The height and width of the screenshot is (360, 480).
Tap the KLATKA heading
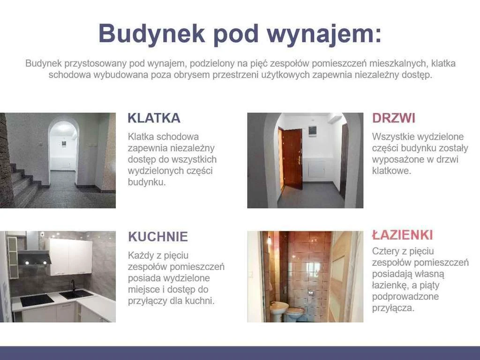[154, 118]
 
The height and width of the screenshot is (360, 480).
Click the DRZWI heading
[394, 118]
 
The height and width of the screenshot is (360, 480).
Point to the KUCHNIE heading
[158, 237]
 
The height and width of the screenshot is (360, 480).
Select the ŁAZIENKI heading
[403, 235]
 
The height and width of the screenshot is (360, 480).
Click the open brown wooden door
[292, 158]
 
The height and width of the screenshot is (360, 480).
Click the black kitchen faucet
[73, 286]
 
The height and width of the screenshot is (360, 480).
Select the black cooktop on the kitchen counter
[37, 300]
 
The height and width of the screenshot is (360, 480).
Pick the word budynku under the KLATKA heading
[147, 182]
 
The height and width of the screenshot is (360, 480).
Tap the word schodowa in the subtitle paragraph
[70, 75]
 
